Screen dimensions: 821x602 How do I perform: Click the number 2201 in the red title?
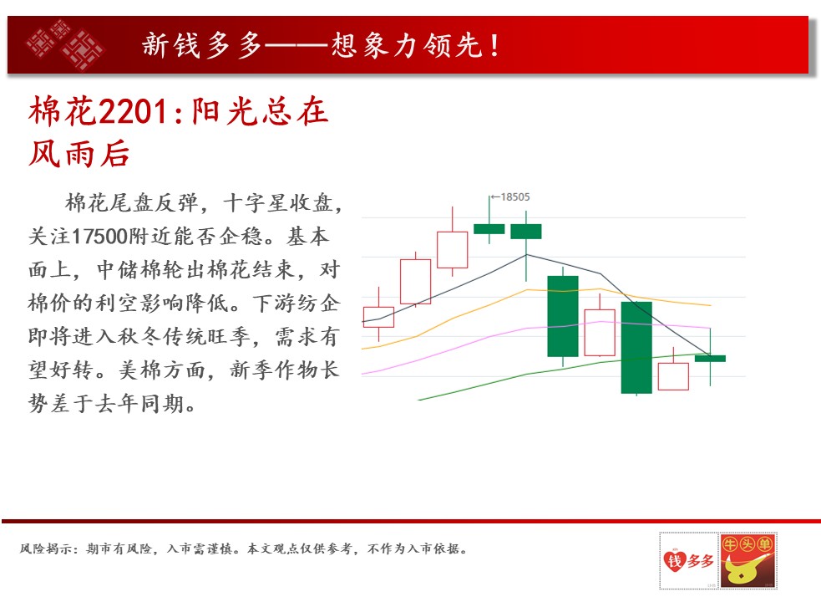[x=133, y=111]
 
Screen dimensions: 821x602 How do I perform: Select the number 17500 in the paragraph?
[x=99, y=237]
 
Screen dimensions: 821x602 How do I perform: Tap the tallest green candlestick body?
[x=636, y=347]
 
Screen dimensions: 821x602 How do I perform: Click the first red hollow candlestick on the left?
[x=378, y=317]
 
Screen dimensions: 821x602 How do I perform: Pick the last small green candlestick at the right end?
[x=710, y=358]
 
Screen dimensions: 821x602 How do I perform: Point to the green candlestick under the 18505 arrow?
[x=489, y=228]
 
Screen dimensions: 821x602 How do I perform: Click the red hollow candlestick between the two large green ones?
[x=600, y=333]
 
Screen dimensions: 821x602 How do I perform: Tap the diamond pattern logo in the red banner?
[x=65, y=44]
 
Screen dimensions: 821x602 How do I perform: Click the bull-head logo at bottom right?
[x=748, y=560]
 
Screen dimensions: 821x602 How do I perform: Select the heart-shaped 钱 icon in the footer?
[x=674, y=560]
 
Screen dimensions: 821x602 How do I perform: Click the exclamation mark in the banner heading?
[x=494, y=44]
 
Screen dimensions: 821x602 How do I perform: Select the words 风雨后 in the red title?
[x=79, y=154]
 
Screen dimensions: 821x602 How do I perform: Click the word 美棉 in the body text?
[x=141, y=370]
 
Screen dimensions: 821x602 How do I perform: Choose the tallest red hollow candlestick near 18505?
[x=453, y=250]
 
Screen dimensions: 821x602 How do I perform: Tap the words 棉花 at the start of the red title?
[x=63, y=111]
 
